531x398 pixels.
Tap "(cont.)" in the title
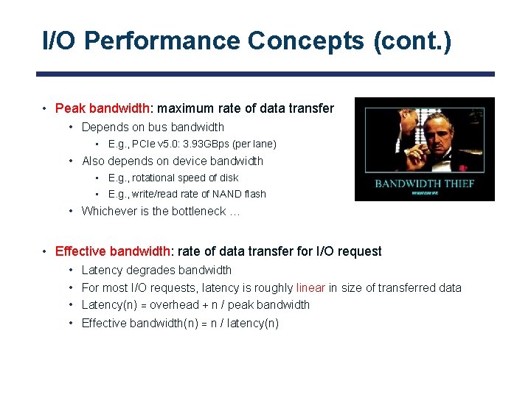click(x=412, y=41)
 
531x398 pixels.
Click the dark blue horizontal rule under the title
click(x=265, y=74)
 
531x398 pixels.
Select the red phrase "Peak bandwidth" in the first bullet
click(x=103, y=109)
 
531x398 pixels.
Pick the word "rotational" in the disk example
click(x=155, y=178)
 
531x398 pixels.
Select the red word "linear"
click(x=310, y=288)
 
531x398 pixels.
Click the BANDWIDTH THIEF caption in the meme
click(x=424, y=183)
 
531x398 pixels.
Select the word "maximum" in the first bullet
click(x=182, y=109)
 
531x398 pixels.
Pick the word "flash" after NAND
click(x=254, y=195)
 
